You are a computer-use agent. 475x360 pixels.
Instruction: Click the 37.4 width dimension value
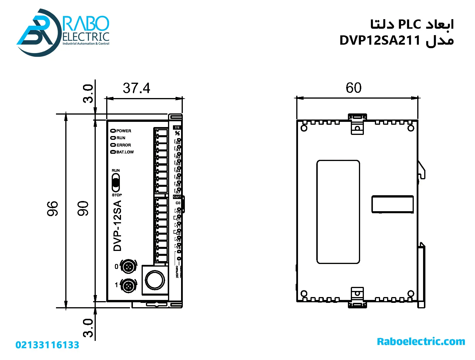tap(136, 88)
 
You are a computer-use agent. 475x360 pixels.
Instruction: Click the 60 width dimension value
tap(353, 88)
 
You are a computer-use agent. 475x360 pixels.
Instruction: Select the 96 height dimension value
tap(53, 208)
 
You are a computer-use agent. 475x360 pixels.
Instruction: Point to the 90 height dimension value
tap(83, 208)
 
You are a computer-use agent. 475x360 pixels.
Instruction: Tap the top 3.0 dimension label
tap(88, 94)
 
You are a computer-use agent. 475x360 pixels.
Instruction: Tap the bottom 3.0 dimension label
tap(88, 328)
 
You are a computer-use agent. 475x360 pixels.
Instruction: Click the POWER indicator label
tap(124, 131)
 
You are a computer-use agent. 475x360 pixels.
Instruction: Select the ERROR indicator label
tap(124, 145)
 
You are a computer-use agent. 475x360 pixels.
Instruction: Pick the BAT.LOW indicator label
tap(125, 152)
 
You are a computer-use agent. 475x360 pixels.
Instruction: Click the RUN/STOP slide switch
tap(116, 183)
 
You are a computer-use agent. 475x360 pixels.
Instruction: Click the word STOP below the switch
tap(117, 195)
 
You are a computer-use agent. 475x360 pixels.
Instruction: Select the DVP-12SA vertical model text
tap(117, 226)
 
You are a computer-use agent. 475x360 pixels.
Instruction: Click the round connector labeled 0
tap(129, 266)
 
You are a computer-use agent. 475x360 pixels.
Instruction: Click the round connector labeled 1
tap(129, 286)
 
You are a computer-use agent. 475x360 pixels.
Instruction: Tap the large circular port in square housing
tap(155, 280)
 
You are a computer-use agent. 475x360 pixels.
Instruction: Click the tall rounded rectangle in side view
tap(338, 212)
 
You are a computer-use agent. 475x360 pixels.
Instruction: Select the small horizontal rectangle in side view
tap(393, 204)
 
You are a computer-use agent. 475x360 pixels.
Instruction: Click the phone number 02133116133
tap(47, 345)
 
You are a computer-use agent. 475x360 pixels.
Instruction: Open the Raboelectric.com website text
tap(421, 341)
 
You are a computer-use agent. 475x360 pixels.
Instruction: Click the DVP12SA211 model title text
tap(380, 40)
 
